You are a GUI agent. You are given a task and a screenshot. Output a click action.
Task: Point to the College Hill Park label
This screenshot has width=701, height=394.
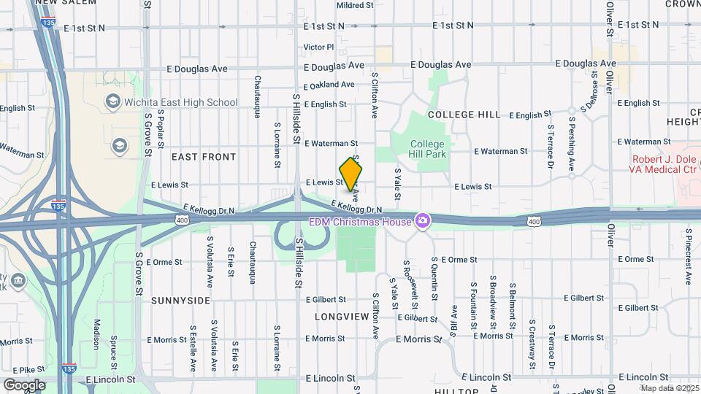(x=427, y=149)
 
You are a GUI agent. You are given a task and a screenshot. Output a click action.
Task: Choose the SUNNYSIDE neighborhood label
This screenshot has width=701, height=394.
(x=180, y=301)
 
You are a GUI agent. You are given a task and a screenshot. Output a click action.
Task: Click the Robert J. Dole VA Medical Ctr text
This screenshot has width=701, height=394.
(x=664, y=164)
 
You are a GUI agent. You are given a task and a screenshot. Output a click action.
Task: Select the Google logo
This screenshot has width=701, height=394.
(x=24, y=385)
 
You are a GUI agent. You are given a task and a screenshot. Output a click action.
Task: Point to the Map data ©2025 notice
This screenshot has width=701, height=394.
(x=669, y=388)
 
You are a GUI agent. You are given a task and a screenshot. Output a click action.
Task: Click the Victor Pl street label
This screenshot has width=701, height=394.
(x=318, y=47)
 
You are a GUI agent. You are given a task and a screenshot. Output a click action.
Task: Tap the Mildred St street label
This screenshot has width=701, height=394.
(x=355, y=5)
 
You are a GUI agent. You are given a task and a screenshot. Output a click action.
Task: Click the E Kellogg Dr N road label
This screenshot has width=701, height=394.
(x=356, y=207)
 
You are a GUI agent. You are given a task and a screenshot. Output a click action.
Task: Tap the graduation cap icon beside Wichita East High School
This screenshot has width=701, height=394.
(x=112, y=101)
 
